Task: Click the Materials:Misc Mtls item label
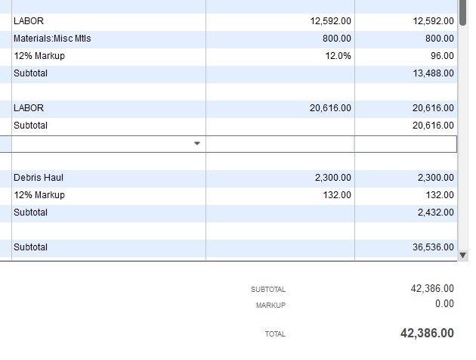click(52, 39)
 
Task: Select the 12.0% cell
click(338, 56)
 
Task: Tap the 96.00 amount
click(443, 56)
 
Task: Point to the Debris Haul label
click(39, 178)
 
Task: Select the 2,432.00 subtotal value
click(437, 213)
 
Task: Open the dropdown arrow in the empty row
click(197, 143)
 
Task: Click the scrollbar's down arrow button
click(463, 256)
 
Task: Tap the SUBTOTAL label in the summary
click(268, 290)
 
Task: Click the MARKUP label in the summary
click(270, 306)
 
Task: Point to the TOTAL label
click(275, 334)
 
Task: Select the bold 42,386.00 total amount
click(427, 334)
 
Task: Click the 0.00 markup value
click(444, 304)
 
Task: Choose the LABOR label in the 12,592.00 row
click(29, 21)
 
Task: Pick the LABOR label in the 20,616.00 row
click(29, 108)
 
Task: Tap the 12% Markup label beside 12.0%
click(39, 56)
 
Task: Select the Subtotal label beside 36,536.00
click(30, 247)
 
